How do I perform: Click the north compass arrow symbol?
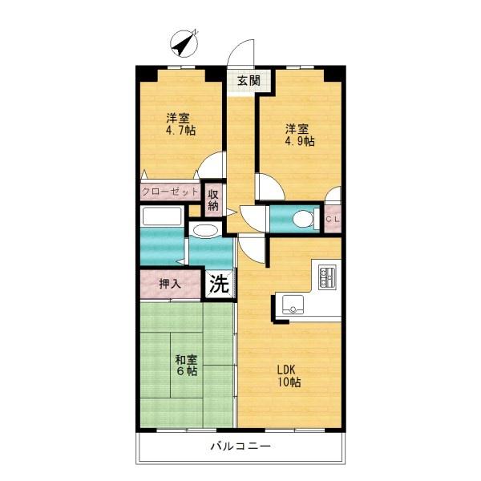[184, 43]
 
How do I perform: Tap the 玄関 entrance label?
[249, 81]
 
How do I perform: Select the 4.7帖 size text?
[180, 131]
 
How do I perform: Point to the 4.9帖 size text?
[300, 141]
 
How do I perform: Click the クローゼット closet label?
[170, 192]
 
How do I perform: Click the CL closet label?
[333, 220]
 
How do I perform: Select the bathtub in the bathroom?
[162, 216]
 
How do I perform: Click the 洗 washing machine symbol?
[220, 285]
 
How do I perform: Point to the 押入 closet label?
[170, 284]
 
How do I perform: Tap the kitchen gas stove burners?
[327, 277]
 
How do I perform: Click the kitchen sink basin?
[293, 305]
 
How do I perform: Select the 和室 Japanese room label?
[186, 359]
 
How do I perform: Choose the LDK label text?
[286, 370]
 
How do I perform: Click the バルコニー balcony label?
[240, 446]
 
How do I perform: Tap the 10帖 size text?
[289, 382]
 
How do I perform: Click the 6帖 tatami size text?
[186, 371]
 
